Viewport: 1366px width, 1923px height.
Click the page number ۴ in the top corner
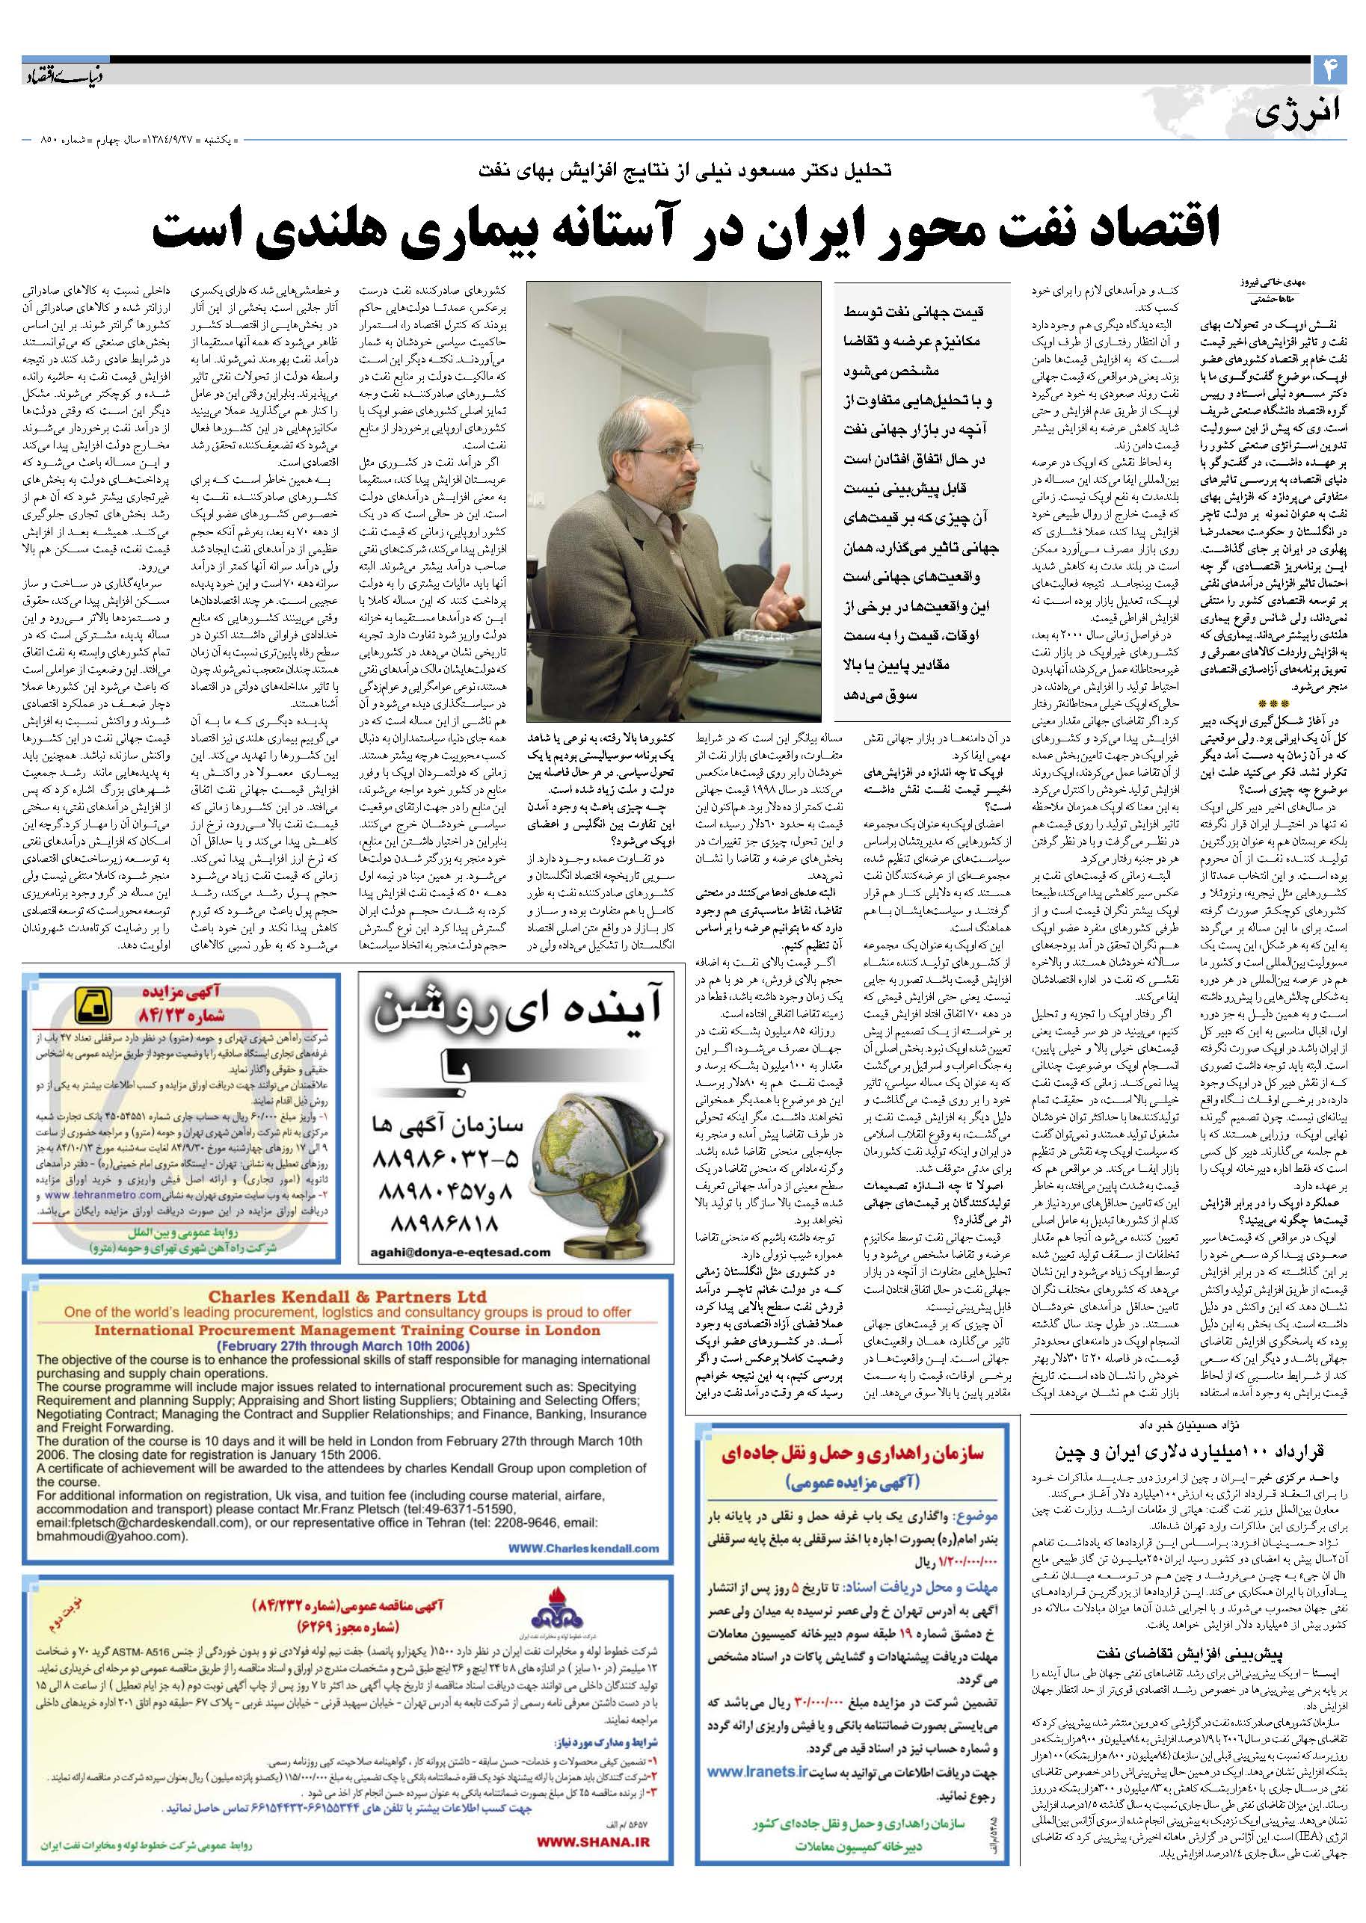coord(1329,72)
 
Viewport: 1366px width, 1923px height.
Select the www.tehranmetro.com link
coord(86,1192)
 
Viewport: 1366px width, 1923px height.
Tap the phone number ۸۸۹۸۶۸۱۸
coord(439,1220)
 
